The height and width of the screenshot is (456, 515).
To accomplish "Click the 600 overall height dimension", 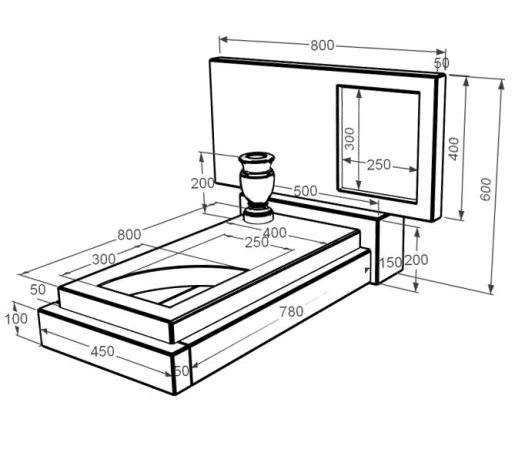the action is coord(486,189).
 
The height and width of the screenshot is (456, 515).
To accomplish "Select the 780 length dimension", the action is coord(291,312).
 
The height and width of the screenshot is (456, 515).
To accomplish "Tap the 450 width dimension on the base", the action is coord(102,351).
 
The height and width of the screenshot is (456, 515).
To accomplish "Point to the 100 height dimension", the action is coord(16,319).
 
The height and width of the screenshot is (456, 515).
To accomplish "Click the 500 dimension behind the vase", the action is coord(305,191).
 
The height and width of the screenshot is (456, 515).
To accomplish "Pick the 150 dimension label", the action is coord(391,263).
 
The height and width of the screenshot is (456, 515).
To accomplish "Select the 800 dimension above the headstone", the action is coord(322,45).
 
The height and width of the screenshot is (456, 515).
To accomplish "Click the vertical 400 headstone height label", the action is coord(453,149).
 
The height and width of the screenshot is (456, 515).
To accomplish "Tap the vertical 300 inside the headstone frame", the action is coord(349,139).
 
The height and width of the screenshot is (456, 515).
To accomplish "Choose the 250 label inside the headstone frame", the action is coord(379,165).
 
